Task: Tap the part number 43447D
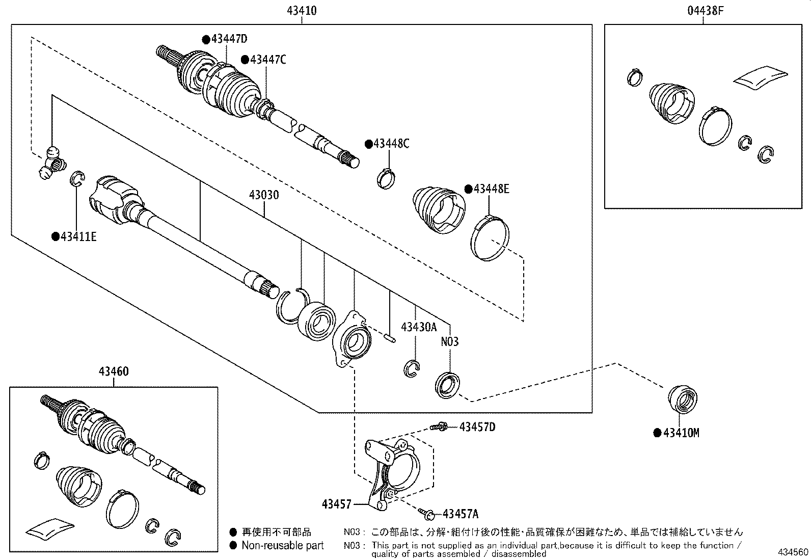click(x=229, y=39)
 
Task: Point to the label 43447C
click(x=267, y=60)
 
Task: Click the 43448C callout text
click(x=391, y=144)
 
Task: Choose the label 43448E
click(x=491, y=189)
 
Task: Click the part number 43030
click(x=264, y=195)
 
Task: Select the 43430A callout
click(x=418, y=327)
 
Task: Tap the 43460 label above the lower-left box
click(x=113, y=372)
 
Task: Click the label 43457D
click(x=477, y=426)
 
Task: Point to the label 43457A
click(x=461, y=514)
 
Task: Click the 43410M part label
click(x=681, y=433)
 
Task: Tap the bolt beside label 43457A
click(x=427, y=512)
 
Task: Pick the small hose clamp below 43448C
click(x=386, y=178)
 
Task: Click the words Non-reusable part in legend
click(x=282, y=546)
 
